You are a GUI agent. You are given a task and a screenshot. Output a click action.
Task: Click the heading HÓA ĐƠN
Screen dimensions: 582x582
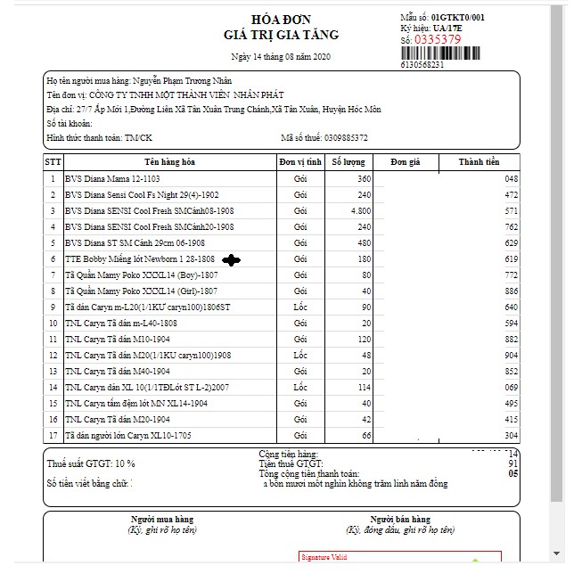click(281, 20)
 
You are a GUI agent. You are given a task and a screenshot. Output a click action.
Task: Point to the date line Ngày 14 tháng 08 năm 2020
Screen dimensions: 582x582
click(280, 56)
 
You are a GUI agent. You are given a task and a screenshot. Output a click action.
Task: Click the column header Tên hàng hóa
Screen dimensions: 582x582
click(169, 162)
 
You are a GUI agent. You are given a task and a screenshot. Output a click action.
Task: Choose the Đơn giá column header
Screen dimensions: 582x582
click(405, 162)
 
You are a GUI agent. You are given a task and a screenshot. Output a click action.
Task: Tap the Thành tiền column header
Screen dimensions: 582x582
click(479, 162)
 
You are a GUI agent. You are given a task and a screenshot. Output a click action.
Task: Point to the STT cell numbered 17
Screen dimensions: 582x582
click(53, 436)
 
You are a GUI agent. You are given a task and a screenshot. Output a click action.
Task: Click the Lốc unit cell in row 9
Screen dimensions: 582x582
click(299, 307)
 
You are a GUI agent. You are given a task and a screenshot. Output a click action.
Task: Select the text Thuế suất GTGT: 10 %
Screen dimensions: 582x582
click(90, 464)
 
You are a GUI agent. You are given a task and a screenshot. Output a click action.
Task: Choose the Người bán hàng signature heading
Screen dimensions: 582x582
click(400, 520)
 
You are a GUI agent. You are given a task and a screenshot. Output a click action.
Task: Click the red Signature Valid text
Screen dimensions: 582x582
click(322, 558)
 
